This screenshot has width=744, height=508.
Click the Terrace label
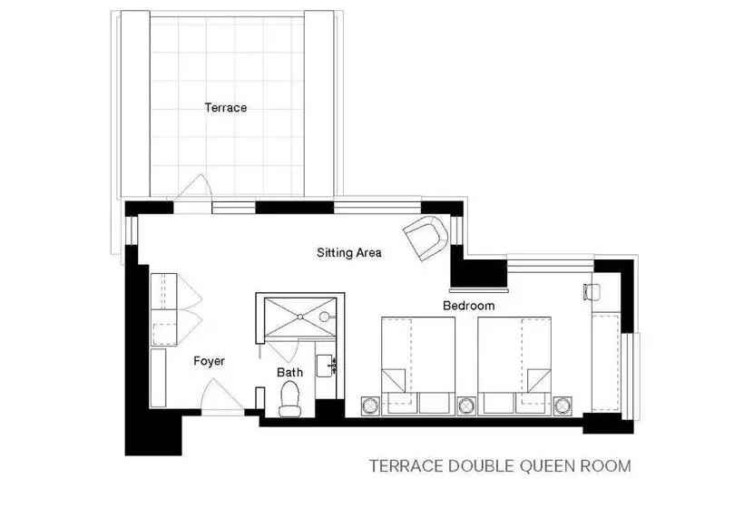(x=225, y=108)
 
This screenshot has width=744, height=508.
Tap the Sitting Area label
(x=348, y=252)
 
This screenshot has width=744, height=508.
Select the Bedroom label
(x=468, y=306)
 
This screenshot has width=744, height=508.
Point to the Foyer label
(x=209, y=361)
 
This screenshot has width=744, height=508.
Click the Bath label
(x=289, y=372)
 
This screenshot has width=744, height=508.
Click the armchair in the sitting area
(x=426, y=237)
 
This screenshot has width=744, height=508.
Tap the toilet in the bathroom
(x=290, y=399)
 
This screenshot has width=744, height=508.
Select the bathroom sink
(x=325, y=366)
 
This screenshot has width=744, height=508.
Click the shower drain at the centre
(x=299, y=317)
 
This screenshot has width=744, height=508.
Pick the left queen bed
(x=418, y=366)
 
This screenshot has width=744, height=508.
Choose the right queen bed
(x=514, y=366)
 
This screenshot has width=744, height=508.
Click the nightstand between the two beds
(x=466, y=406)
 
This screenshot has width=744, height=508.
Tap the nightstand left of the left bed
(x=370, y=406)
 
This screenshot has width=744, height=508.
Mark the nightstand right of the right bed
(x=563, y=406)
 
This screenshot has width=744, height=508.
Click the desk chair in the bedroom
(x=591, y=291)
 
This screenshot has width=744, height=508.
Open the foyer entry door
(x=222, y=396)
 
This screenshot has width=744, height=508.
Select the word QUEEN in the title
(x=547, y=466)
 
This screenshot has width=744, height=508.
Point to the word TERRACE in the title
(x=406, y=466)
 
